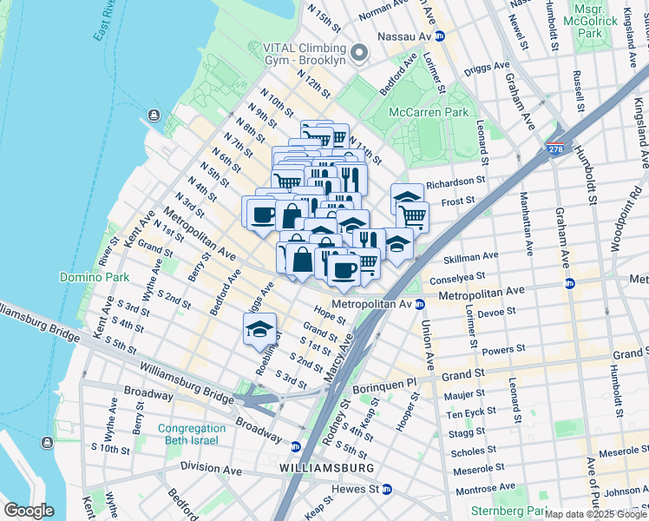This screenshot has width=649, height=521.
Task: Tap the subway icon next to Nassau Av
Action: (440, 36)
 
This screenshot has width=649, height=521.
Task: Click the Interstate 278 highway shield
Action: (557, 150)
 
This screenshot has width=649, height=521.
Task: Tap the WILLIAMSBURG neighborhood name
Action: (327, 468)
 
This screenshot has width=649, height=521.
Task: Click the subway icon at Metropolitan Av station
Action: (419, 304)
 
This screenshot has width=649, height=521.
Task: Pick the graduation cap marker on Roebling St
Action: (259, 330)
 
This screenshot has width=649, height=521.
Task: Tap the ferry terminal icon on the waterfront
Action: (154, 115)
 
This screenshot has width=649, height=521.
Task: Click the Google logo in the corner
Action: (29, 511)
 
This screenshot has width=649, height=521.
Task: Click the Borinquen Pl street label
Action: (388, 381)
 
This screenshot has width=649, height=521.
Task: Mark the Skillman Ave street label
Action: (471, 256)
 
